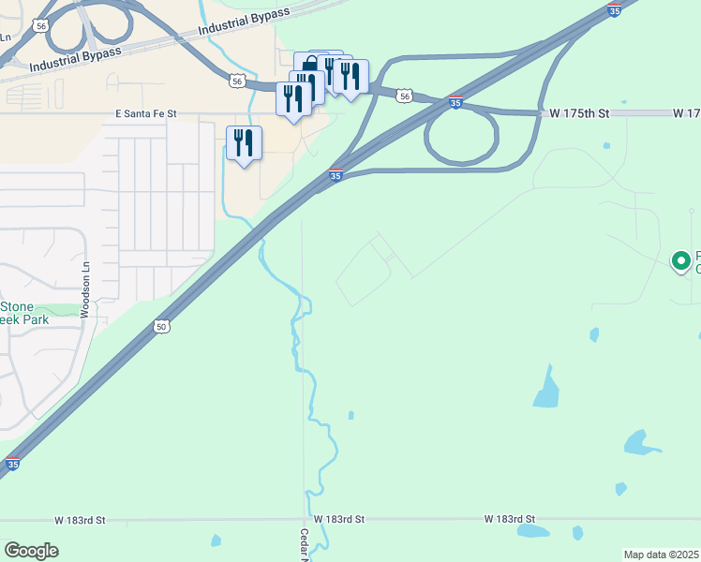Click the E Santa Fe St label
coord(145,113)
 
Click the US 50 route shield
coord(161,326)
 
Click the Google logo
coord(31,551)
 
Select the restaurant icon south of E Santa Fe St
coord(244,144)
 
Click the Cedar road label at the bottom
coord(304,544)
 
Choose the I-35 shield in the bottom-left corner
coord(11,463)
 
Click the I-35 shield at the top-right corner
coord(614,10)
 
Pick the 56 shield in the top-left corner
coord(39,26)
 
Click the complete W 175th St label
coord(579,113)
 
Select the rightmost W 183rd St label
coord(510,519)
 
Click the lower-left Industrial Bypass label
coord(75,59)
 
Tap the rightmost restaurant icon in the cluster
coord(350,77)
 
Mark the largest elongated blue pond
coord(546,387)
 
